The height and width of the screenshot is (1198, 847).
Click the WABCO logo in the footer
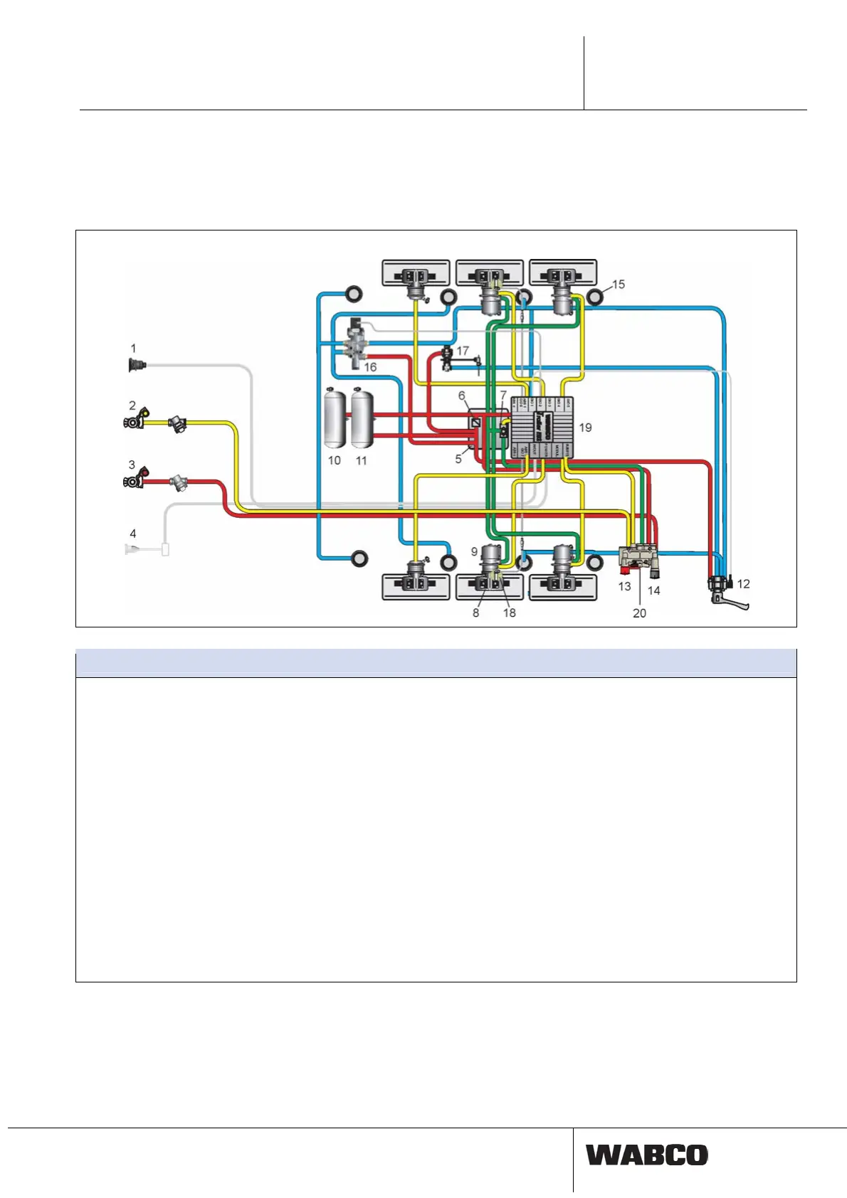(646, 1155)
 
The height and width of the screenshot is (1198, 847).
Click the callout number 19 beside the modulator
(585, 428)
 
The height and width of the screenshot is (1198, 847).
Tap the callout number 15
(619, 285)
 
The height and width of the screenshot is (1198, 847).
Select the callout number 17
(463, 351)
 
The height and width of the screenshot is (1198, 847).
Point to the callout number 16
(370, 367)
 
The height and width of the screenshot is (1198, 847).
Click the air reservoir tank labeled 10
(335, 418)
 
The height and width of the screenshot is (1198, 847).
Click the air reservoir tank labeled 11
(362, 418)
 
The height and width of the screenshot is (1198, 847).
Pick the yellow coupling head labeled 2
(136, 420)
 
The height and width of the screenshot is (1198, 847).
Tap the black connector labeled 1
(135, 366)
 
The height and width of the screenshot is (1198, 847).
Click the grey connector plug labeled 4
(135, 549)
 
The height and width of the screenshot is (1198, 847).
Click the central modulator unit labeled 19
(542, 427)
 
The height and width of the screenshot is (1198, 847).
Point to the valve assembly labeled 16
(354, 346)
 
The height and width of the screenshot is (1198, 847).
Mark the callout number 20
(639, 613)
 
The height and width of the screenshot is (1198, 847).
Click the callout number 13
(624, 587)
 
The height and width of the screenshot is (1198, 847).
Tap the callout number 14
(653, 590)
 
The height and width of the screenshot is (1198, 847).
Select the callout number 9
(474, 552)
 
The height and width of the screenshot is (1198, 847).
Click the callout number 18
(510, 613)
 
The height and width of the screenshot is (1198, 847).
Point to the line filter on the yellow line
(178, 425)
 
